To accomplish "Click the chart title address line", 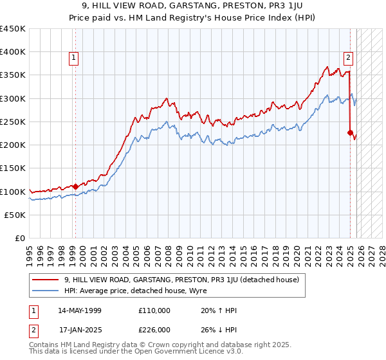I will [192, 6].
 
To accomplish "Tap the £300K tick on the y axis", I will [13, 98].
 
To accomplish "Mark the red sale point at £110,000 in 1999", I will [75, 186].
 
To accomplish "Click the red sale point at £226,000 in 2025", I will [351, 133].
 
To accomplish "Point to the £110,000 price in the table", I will [154, 310].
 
